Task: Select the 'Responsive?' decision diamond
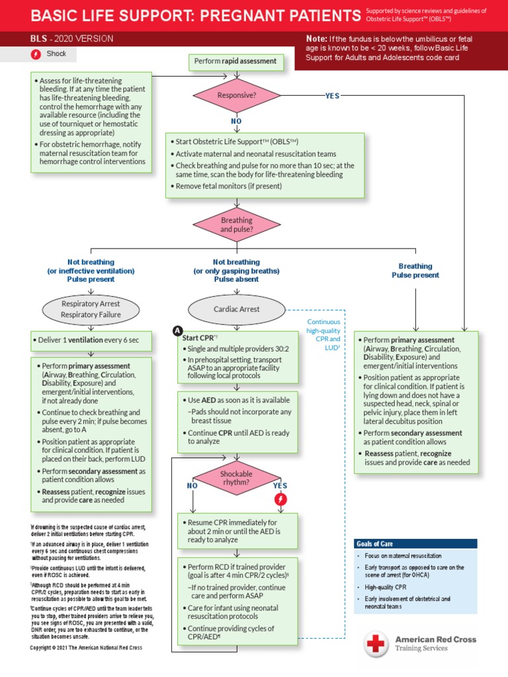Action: (236, 96)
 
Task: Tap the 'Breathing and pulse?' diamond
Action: (236, 225)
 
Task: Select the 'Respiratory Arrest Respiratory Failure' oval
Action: (91, 309)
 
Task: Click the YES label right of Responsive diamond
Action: (332, 96)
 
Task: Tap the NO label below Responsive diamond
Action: (236, 122)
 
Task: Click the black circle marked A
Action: (177, 331)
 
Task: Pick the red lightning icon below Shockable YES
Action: (280, 500)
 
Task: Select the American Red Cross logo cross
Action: (376, 643)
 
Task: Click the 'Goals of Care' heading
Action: (374, 543)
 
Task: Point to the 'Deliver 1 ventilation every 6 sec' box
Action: (91, 340)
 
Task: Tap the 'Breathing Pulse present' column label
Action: (415, 270)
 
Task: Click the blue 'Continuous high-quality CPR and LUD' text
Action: (323, 335)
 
